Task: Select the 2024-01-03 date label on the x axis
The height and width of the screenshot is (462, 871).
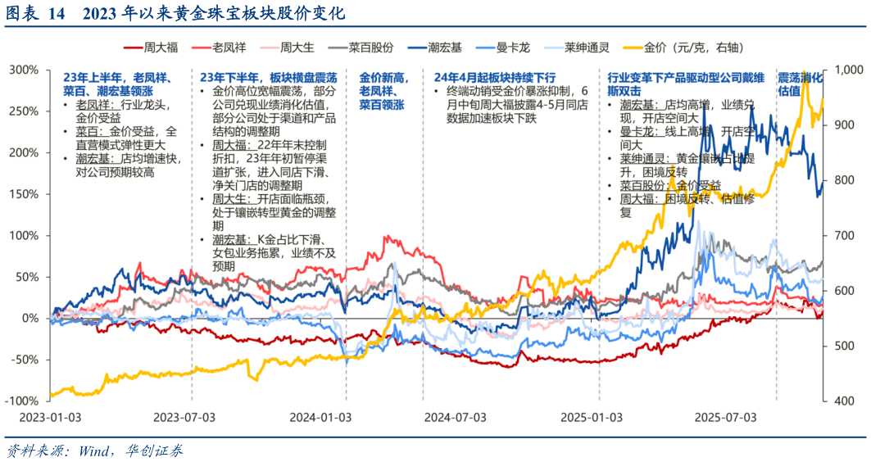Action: click(x=320, y=417)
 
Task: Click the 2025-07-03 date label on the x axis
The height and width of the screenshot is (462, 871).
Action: click(x=724, y=417)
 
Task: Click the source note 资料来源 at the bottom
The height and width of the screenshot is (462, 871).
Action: click(x=94, y=450)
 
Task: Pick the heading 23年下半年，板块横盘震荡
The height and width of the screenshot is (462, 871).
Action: click(x=268, y=77)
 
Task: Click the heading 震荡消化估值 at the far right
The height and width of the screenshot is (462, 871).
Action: click(x=800, y=84)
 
